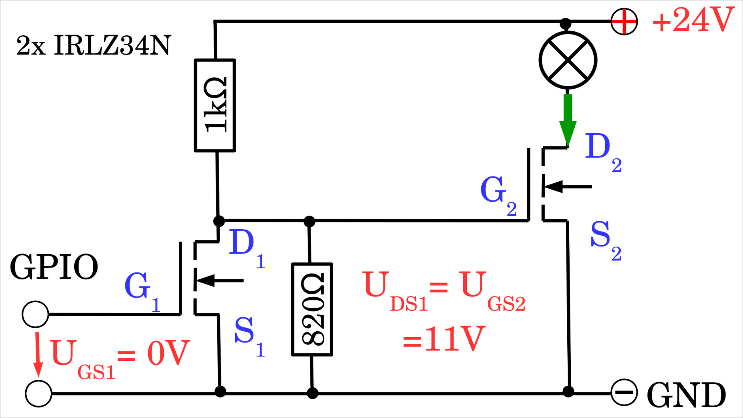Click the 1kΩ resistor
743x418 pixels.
click(x=215, y=105)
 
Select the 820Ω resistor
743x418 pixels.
click(x=312, y=309)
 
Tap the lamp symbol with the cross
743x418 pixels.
click(x=568, y=60)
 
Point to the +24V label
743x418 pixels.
click(x=693, y=20)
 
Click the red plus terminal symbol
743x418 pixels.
click(x=624, y=22)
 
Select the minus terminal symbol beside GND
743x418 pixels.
click(x=624, y=392)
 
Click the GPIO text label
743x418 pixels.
click(x=54, y=267)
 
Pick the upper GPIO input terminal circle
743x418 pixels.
click(x=35, y=314)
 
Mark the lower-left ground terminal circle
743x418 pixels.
click(x=38, y=394)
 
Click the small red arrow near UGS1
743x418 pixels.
click(x=38, y=354)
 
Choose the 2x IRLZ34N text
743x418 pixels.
click(x=93, y=46)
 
